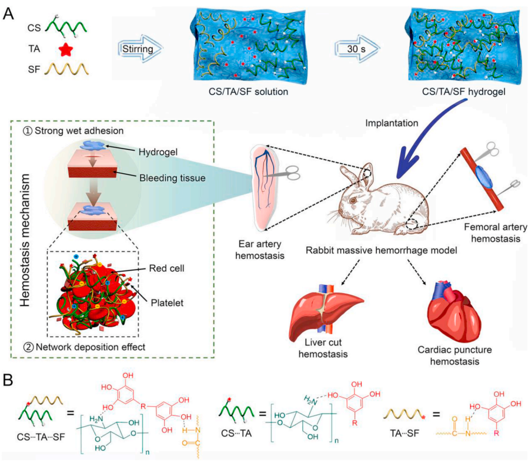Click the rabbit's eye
tap(352, 200)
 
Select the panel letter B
tap(10, 381)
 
